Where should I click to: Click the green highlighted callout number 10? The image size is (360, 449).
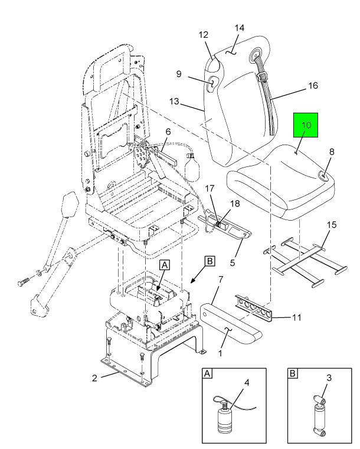point(306,126)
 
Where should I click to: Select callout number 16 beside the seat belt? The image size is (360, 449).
point(313,86)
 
